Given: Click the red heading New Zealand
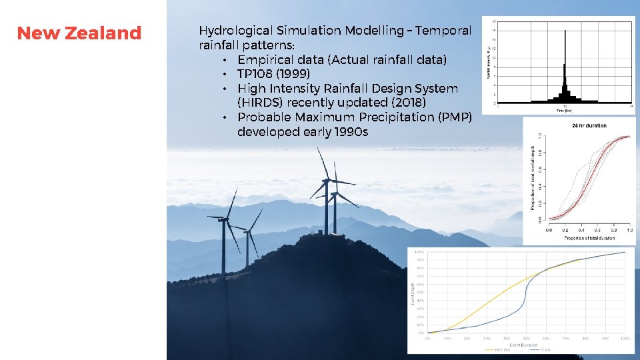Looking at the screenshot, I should coord(79,33).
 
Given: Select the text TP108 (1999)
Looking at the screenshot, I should coord(273,74).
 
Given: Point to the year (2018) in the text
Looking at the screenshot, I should coord(403,103).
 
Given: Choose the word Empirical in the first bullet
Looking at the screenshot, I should coord(266,60).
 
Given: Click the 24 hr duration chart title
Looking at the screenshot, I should coord(589,125).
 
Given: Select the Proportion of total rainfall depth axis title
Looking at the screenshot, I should coord(533,179).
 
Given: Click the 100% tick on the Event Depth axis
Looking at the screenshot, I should coord(419,252).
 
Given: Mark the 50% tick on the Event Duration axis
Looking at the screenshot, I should coord(526,338).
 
